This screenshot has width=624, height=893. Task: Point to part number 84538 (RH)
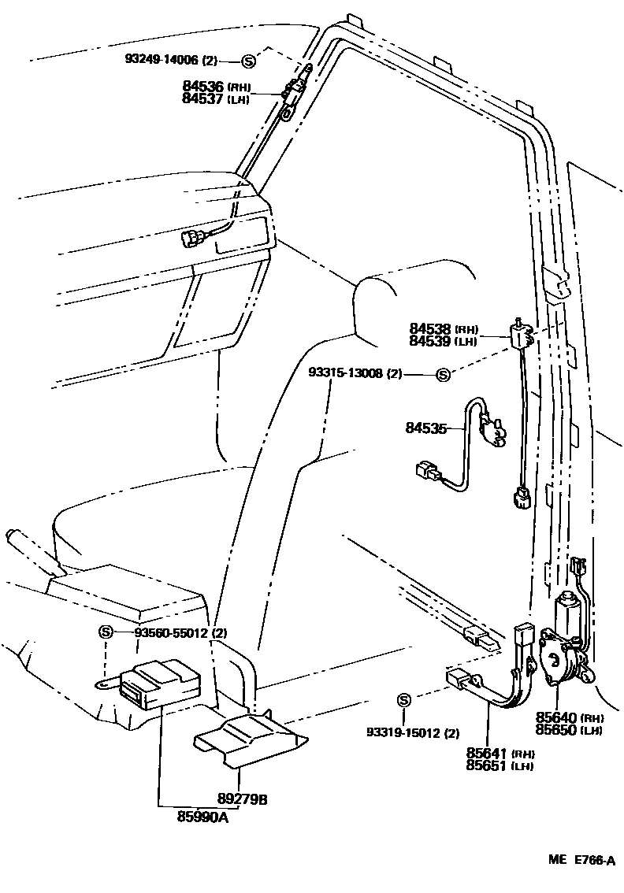click(444, 329)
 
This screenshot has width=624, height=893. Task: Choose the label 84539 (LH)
click(444, 342)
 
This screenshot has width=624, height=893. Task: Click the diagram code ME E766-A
click(581, 861)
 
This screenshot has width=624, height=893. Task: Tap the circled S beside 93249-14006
click(248, 61)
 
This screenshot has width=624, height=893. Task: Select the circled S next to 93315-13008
click(443, 375)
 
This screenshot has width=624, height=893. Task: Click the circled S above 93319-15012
click(403, 701)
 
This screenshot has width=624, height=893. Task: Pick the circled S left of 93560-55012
click(106, 632)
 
